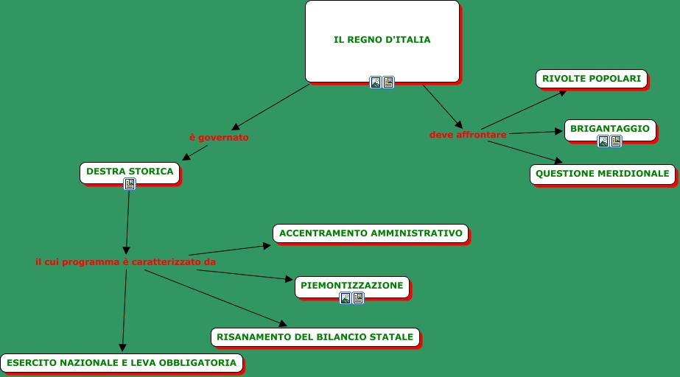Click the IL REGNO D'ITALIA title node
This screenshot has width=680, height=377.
point(382,40)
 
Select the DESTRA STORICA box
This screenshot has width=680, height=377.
point(130,171)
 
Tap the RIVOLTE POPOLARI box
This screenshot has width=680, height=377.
point(592,78)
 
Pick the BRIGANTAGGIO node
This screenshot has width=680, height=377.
point(609,129)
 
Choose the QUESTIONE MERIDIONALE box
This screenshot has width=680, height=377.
point(602,174)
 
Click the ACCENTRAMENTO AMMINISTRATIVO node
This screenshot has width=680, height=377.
point(371,233)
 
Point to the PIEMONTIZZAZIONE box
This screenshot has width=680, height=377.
point(351,285)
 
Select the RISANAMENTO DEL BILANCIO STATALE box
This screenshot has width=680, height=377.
point(315,337)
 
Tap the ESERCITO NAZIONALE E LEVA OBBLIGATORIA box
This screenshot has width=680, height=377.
point(122,362)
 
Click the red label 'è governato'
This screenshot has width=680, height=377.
point(219,137)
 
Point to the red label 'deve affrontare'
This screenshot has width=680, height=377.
point(468,135)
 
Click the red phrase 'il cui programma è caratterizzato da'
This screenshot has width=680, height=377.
point(125,261)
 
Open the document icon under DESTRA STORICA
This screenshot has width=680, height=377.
point(130,184)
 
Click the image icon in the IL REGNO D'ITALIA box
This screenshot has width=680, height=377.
point(376,82)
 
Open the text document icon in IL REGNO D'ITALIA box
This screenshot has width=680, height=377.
point(388,82)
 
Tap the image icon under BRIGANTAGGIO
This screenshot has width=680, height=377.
point(603,141)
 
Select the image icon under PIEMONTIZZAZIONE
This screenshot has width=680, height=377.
point(346,298)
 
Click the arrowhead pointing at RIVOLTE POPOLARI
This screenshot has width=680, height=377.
point(562,92)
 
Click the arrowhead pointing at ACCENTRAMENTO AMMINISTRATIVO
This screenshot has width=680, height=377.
point(267,244)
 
